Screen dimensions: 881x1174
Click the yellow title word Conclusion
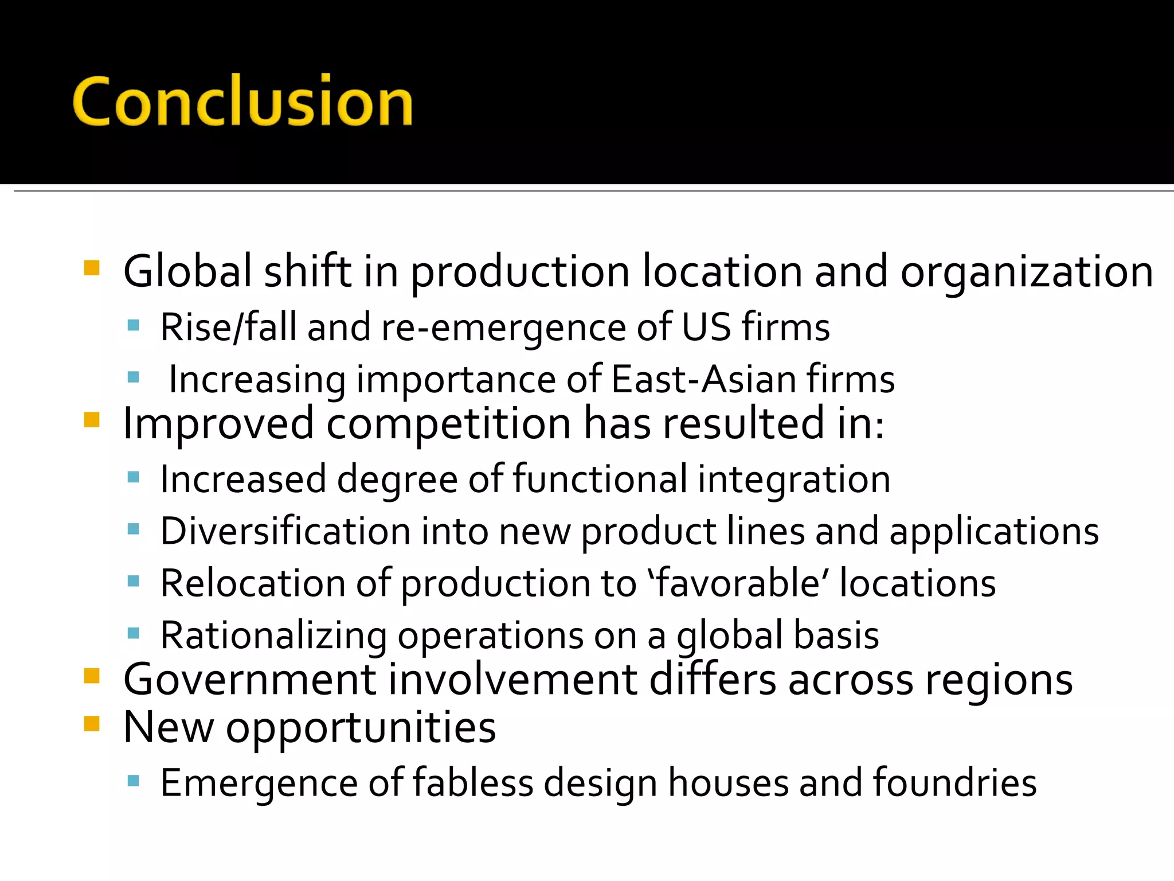click(x=242, y=101)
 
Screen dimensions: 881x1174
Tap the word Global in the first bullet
click(x=187, y=271)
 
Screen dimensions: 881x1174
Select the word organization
click(x=1027, y=272)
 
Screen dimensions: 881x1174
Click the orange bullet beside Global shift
click(x=92, y=268)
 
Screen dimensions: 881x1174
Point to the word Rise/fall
click(x=228, y=328)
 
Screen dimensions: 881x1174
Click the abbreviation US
click(x=706, y=328)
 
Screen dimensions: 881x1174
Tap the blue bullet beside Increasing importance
click(x=134, y=377)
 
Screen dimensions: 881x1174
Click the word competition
click(x=448, y=423)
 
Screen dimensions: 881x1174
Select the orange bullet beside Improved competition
click(x=92, y=420)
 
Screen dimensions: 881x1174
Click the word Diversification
click(x=285, y=531)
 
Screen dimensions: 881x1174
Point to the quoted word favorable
click(x=741, y=583)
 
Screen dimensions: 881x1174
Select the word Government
click(x=249, y=680)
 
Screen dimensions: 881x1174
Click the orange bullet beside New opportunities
click(x=92, y=724)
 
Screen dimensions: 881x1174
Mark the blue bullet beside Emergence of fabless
click(x=134, y=780)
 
